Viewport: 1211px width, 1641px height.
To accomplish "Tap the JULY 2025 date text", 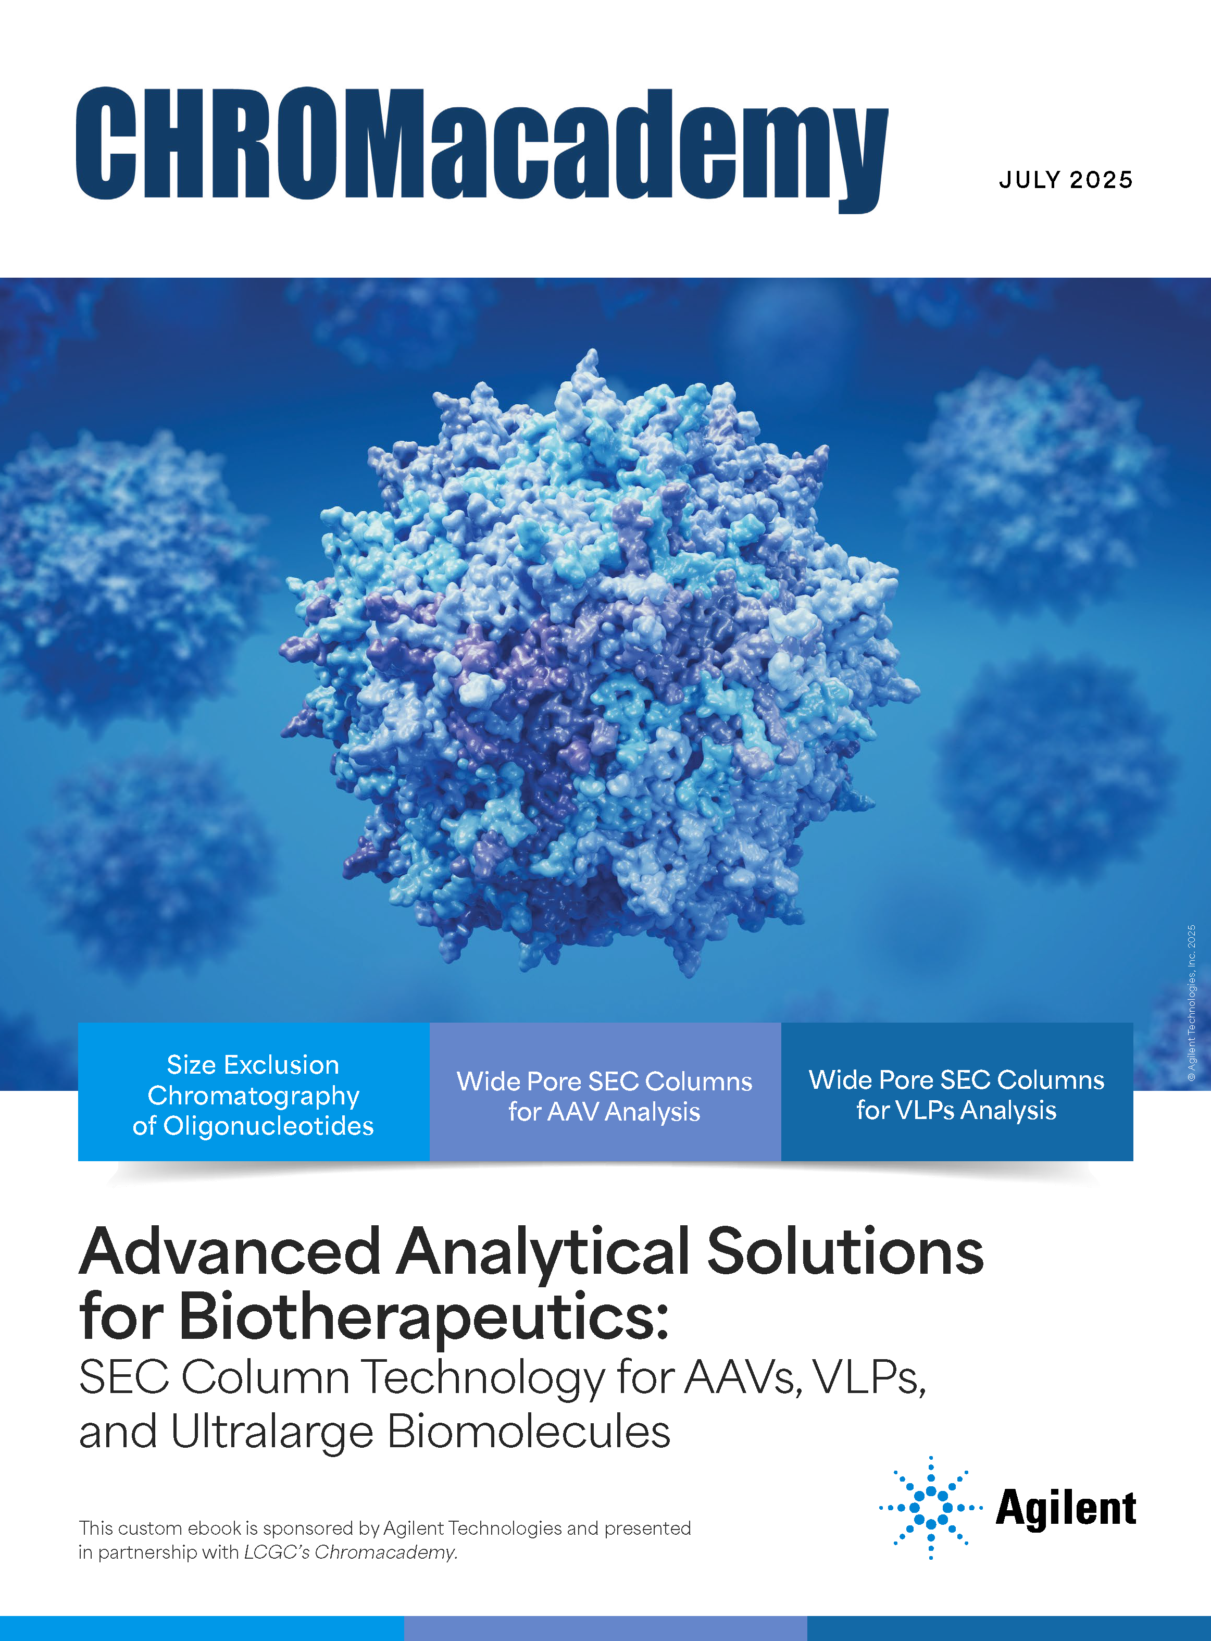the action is tap(1066, 180).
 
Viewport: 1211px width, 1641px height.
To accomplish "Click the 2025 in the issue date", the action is tap(1101, 180).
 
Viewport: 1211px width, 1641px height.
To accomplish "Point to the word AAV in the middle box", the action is tap(574, 1112).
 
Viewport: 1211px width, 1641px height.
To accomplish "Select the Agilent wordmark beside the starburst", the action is tap(1066, 1509).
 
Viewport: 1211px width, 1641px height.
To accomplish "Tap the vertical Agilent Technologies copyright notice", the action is tap(1191, 1003).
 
